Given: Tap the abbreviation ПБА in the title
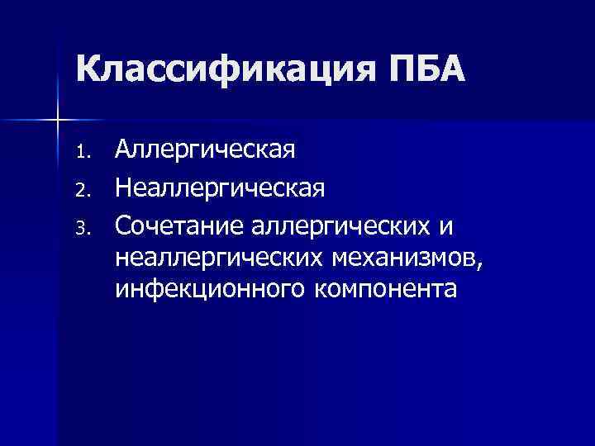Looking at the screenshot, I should (422, 69).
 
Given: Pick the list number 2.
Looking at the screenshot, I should (81, 189).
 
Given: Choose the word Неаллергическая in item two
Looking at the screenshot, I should (220, 187).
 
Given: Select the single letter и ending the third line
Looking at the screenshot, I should (450, 225).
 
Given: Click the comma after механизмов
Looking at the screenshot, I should (474, 264).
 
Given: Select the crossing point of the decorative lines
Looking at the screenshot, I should (57, 121).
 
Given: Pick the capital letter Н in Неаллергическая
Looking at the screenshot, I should (123, 187).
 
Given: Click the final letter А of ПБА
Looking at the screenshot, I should (451, 69).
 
